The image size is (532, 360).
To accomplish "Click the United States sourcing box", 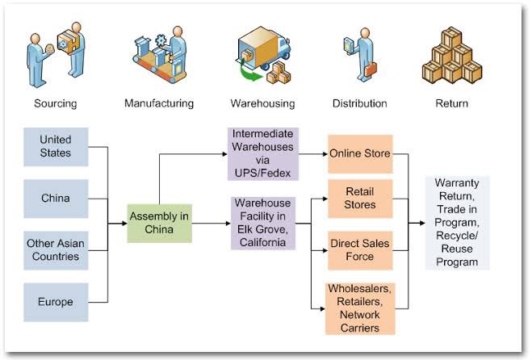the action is click(56, 147).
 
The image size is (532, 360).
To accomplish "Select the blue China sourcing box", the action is click(56, 199).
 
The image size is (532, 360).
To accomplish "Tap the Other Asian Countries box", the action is click(56, 250).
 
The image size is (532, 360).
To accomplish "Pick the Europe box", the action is click(56, 302).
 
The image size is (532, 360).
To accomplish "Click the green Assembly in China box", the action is click(160, 224).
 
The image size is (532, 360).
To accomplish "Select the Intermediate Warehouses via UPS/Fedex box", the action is click(263, 153).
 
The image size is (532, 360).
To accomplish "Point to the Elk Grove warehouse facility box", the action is click(263, 224).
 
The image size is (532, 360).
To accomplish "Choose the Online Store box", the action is click(360, 154).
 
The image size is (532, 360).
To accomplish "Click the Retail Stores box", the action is click(360, 199).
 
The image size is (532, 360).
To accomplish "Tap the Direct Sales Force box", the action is click(360, 250).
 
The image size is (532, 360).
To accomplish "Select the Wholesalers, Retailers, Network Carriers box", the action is click(360, 309).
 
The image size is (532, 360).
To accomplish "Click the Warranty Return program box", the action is click(458, 223).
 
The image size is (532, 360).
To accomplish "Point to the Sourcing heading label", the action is click(56, 103).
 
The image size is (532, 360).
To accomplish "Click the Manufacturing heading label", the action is click(159, 103).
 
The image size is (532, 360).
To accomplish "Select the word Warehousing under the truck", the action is click(262, 103).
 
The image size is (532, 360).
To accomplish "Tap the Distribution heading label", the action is click(359, 103).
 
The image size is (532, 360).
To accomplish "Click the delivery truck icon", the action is click(264, 48).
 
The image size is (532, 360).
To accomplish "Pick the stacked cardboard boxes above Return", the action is click(452, 56).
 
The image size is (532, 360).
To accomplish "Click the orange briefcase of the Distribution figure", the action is click(371, 69).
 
